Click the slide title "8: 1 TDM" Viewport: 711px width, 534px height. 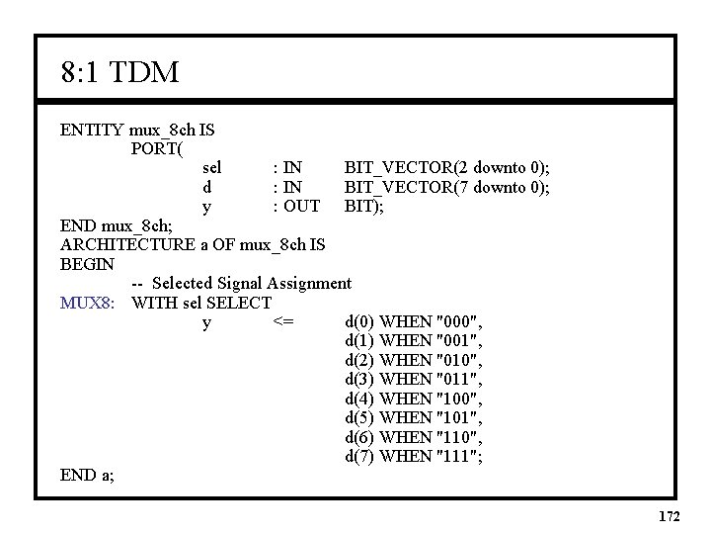point(118,72)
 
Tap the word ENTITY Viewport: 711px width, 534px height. point(92,130)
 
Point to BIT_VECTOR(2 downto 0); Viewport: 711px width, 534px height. point(446,168)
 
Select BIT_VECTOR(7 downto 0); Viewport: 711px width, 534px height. point(446,187)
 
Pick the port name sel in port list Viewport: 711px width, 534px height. point(210,168)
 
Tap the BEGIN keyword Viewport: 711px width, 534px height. point(88,264)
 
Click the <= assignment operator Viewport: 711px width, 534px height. point(281,321)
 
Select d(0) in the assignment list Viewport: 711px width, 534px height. point(359,321)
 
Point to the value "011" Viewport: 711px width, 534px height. point(458,379)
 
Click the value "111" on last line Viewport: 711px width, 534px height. point(458,456)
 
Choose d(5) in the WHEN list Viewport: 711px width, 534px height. point(359,417)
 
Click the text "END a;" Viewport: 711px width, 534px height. point(87,476)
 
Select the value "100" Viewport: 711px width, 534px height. point(458,399)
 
